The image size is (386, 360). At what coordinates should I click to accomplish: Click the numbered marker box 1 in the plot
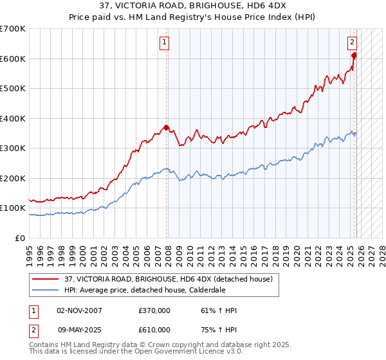165,43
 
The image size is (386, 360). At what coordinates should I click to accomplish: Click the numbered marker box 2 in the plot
353,43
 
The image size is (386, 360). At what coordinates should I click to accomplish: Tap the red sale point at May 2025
354,55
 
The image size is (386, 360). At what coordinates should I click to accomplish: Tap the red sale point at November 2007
167,127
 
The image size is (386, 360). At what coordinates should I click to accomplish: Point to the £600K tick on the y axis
13,59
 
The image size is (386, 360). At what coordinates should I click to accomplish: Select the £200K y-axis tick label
13,178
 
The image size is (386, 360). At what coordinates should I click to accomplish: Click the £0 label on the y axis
20,238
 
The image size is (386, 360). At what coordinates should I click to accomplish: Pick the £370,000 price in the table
154,310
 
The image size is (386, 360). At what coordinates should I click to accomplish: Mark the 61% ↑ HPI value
219,310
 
